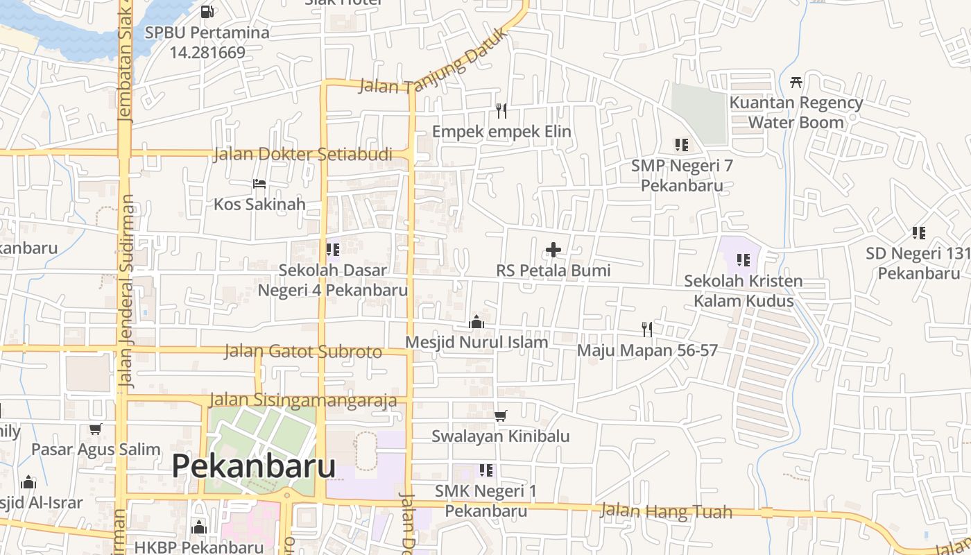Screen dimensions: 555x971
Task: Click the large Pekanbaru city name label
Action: [253, 466]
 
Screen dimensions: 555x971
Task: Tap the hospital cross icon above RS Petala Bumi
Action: [553, 250]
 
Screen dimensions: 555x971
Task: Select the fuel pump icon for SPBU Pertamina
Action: [207, 11]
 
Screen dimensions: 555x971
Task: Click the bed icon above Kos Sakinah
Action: [259, 184]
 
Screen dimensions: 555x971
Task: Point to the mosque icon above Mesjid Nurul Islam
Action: [476, 322]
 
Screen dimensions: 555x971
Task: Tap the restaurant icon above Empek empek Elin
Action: [501, 110]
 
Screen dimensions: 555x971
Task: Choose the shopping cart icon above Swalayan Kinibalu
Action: [501, 416]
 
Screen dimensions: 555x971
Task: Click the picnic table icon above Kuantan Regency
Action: [796, 82]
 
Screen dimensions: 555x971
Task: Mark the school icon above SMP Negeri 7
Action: [682, 145]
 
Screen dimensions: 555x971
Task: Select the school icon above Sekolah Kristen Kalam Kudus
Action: [744, 260]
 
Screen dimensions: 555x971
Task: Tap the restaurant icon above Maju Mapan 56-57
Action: [647, 329]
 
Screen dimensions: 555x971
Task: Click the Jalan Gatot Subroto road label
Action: [303, 351]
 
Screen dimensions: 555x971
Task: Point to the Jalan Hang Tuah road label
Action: [666, 512]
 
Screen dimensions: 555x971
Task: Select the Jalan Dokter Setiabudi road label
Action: [302, 154]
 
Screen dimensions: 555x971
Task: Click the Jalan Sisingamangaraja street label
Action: [303, 400]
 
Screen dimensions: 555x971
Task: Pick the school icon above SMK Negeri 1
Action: [486, 470]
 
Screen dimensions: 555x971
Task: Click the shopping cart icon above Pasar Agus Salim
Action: [96, 429]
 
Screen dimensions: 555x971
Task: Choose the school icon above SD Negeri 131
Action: [919, 233]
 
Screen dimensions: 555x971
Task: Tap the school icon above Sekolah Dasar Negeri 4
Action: [333, 249]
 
